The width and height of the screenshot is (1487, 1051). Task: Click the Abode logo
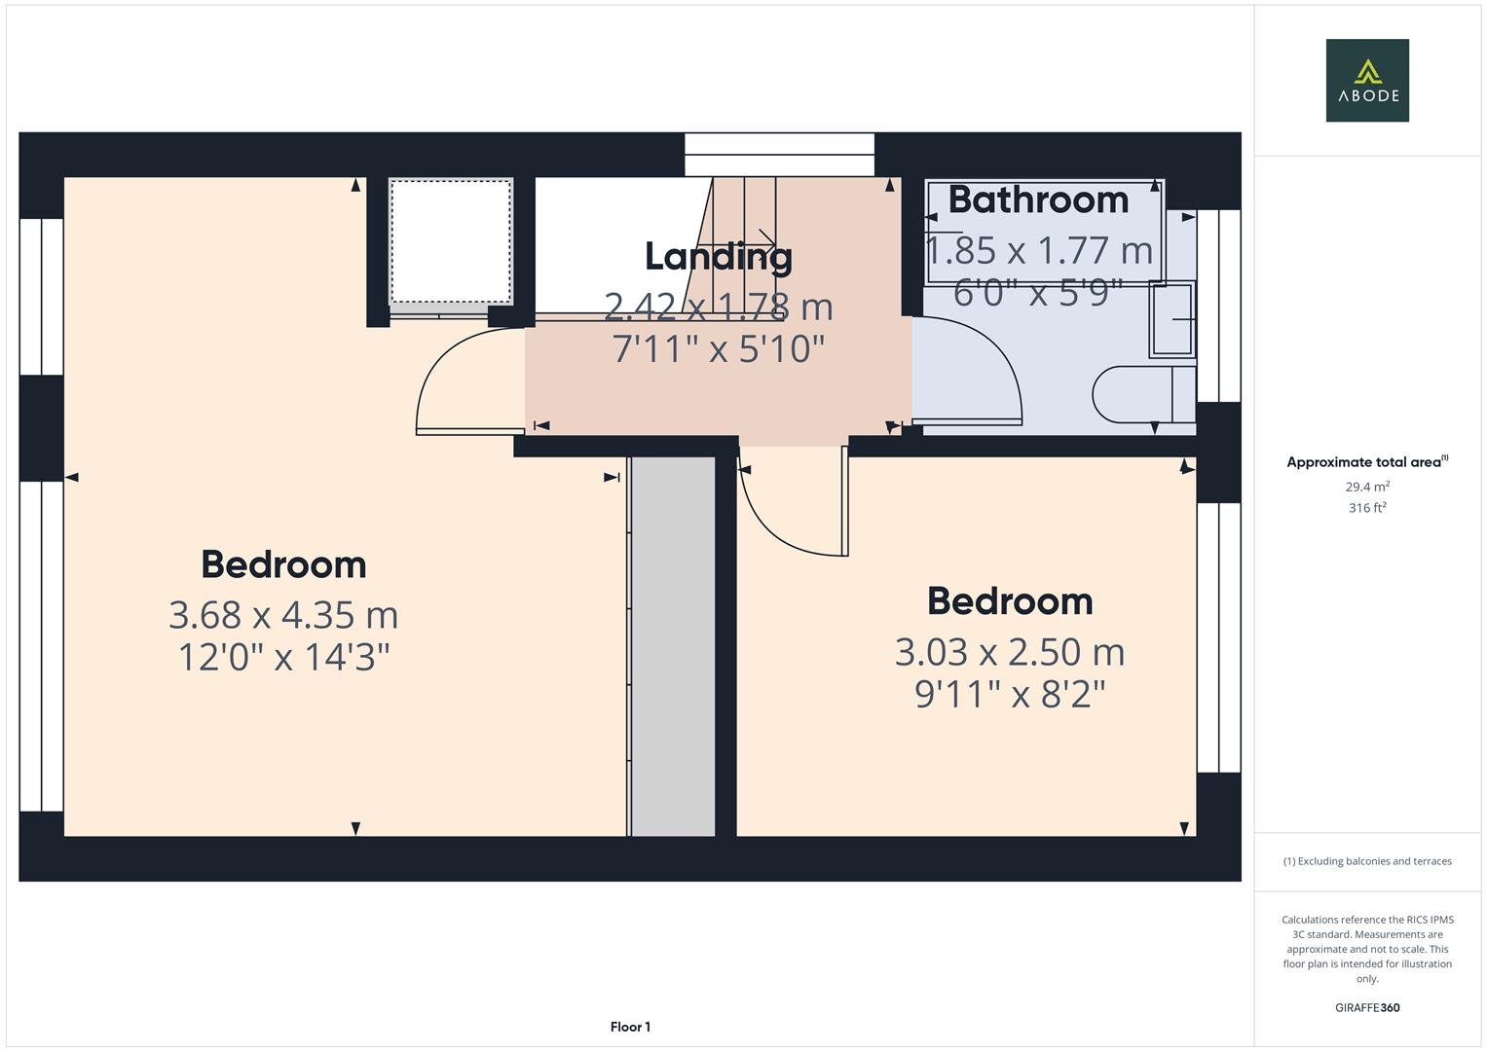(x=1367, y=80)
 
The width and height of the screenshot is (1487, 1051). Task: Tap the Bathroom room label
(x=1038, y=199)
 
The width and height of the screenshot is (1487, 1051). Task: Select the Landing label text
(x=719, y=258)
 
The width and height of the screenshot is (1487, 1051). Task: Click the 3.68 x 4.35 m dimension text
(x=283, y=615)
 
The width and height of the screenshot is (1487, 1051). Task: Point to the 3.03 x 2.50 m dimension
(x=1010, y=652)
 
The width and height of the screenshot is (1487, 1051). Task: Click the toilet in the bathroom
(x=1144, y=395)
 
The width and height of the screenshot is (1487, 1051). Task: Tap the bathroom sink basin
(x=1172, y=319)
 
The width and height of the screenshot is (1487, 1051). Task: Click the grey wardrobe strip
(x=673, y=646)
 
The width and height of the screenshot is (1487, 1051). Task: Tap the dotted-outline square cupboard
(x=451, y=241)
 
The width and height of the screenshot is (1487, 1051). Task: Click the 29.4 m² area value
(x=1367, y=487)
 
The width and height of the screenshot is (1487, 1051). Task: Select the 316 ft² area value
(x=1367, y=508)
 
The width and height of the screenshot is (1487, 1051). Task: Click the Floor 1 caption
(x=630, y=1027)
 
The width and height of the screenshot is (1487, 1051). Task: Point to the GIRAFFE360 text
(x=1367, y=1007)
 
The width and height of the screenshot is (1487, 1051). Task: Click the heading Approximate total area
(x=1367, y=462)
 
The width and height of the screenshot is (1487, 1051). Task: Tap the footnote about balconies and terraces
(x=1367, y=861)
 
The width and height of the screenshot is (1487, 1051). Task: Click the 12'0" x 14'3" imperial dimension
(x=283, y=658)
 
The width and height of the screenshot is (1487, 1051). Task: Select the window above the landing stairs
(x=779, y=155)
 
